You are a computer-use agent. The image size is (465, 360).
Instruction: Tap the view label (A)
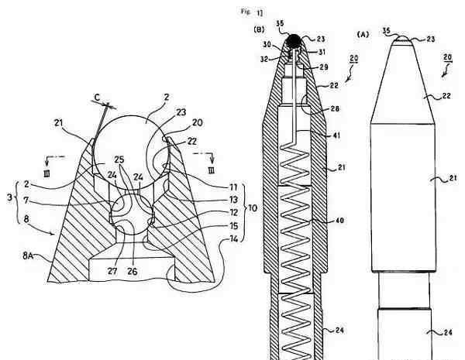[x=363, y=34]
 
